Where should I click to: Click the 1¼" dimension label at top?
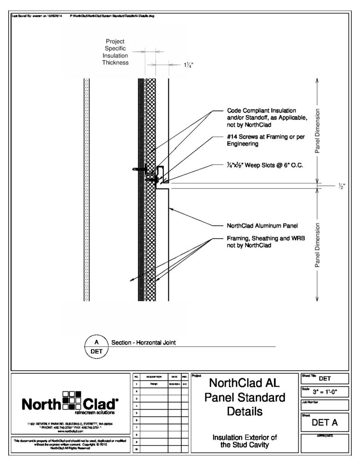[x=188, y=65]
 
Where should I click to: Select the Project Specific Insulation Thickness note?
[x=115, y=52]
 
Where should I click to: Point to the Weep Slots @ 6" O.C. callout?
[x=265, y=166]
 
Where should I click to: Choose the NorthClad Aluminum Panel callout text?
[x=262, y=226]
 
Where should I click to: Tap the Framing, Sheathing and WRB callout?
[x=262, y=242]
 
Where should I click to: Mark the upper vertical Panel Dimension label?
[x=318, y=131]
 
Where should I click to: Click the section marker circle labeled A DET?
[x=96, y=346]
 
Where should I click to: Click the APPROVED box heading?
[x=325, y=436]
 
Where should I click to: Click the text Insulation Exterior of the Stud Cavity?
[x=245, y=441]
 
